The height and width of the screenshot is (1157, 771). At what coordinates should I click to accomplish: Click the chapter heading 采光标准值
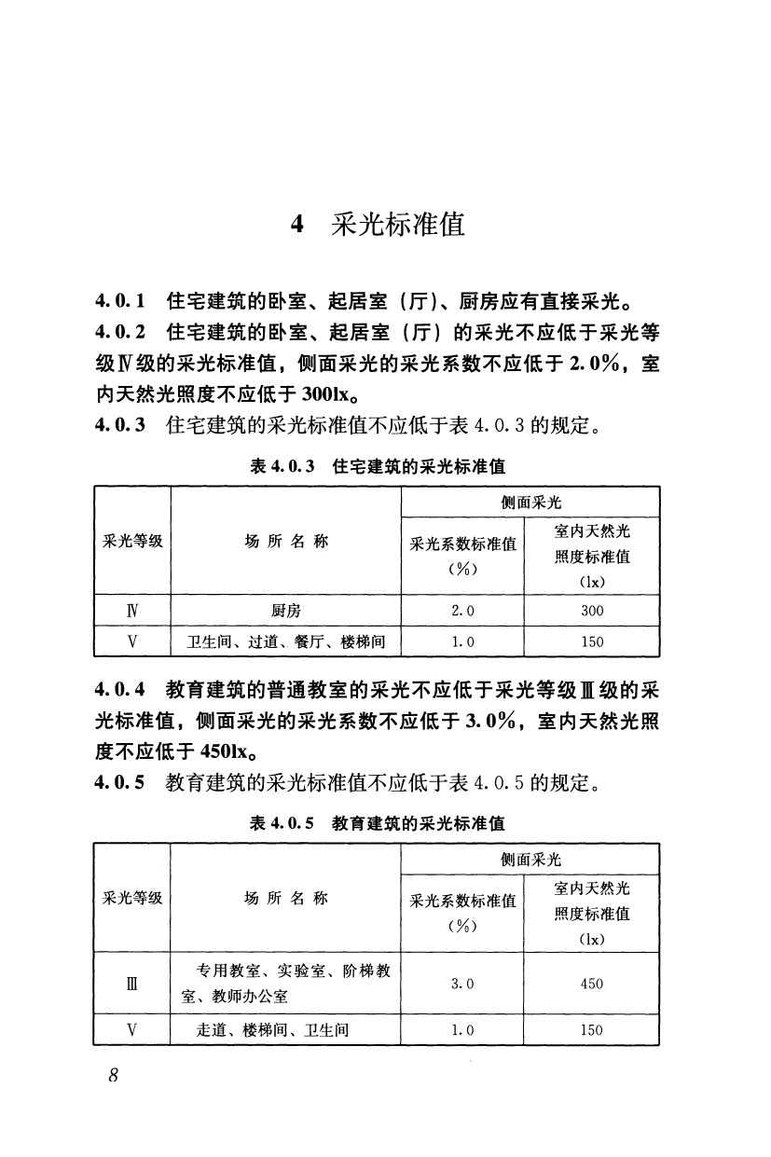pos(398,225)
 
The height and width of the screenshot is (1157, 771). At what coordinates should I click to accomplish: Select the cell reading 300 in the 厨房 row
pos(592,611)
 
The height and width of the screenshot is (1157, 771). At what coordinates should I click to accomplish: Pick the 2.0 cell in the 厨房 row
pos(462,611)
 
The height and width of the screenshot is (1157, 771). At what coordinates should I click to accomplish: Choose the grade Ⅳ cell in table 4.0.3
pos(132,611)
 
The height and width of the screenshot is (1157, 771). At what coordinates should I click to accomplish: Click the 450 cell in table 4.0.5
pos(592,984)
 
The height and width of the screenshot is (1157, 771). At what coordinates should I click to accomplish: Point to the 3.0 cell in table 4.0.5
pos(462,984)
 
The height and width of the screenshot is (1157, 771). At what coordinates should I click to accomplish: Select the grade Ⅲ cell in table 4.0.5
pos(132,984)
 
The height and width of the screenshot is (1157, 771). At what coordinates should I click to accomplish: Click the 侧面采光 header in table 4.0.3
pos(530,502)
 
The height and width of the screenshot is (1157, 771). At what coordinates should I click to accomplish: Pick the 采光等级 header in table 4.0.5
pos(132,898)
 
